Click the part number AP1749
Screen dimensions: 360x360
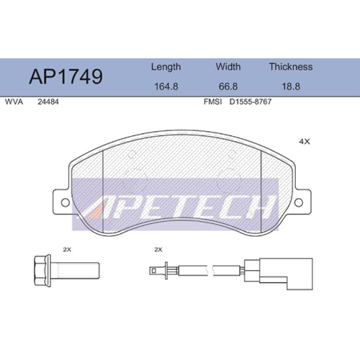coord(65,76)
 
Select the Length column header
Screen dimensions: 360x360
coord(165,66)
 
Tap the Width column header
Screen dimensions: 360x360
coord(228,66)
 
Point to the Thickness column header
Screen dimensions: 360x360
coord(290,66)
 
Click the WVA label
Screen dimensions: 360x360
coord(14,102)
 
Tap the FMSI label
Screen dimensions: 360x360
coord(212,102)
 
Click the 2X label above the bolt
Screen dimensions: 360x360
coord(68,248)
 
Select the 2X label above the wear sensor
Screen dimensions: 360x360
coord(158,248)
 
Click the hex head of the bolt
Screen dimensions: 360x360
coord(43,271)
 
